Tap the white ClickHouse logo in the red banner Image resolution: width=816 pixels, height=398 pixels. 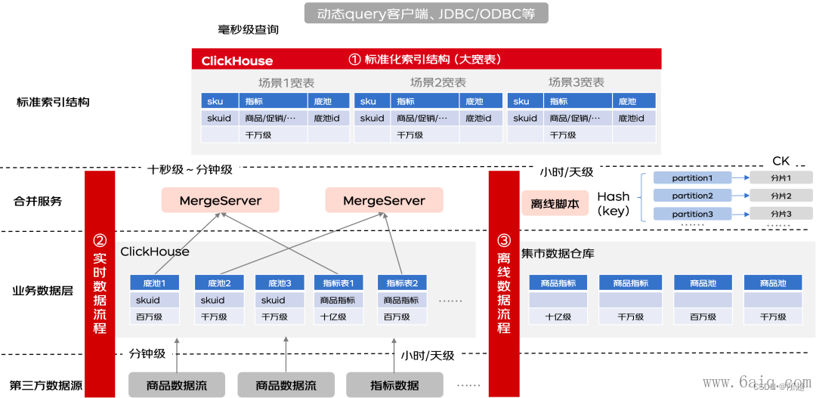(x=236, y=60)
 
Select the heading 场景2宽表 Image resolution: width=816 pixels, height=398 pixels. (x=438, y=82)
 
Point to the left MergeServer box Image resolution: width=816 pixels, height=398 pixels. (x=220, y=200)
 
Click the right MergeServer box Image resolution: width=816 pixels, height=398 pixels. (x=384, y=200)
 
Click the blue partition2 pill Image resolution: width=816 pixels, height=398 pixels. (x=692, y=196)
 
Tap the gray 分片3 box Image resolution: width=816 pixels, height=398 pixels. (x=780, y=214)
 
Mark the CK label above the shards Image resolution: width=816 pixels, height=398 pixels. (x=780, y=161)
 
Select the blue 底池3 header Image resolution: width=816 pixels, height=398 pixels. (x=279, y=283)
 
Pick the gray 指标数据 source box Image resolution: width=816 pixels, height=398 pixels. (x=394, y=385)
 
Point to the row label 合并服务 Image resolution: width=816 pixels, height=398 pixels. (x=38, y=202)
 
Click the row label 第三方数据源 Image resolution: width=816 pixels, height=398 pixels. (x=45, y=386)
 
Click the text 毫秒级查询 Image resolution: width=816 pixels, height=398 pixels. (x=249, y=29)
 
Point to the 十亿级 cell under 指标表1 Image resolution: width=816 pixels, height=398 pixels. (x=333, y=317)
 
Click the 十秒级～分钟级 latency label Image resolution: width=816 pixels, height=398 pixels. (x=190, y=170)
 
